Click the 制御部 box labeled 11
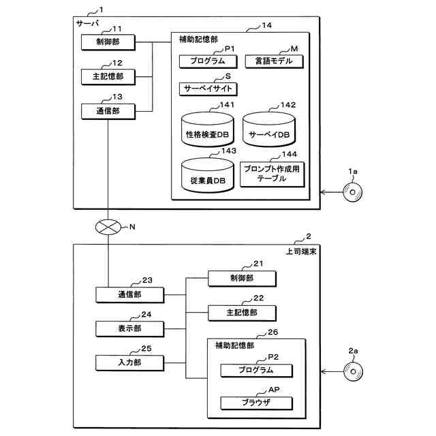pos(108,42)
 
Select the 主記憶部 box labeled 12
pos(108,76)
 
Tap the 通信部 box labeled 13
pos(108,110)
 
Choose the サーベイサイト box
pos(208,89)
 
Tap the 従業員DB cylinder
pos(208,176)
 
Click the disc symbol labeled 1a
pos(353,193)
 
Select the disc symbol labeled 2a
pos(353,373)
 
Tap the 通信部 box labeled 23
pos(129,295)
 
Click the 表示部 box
pos(129,329)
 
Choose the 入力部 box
pos(129,363)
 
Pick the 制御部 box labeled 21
pos(242,278)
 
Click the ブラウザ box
pos(255,403)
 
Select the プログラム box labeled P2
pos(255,371)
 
